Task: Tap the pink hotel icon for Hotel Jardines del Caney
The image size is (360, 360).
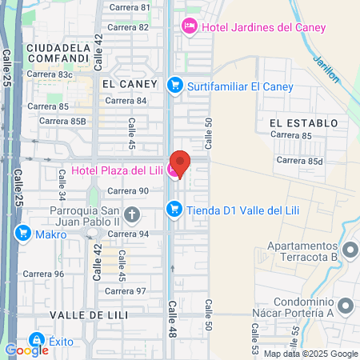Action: pyautogui.click(x=190, y=26)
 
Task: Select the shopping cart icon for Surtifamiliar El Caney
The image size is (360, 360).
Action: pyautogui.click(x=174, y=84)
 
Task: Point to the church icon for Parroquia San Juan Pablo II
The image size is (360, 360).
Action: pyautogui.click(x=131, y=214)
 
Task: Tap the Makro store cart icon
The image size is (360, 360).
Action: pyautogui.click(x=22, y=234)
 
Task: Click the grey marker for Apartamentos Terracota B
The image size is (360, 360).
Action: pyautogui.click(x=349, y=251)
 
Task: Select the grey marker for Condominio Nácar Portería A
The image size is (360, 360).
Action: pyautogui.click(x=346, y=306)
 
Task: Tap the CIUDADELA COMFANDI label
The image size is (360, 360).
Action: pyautogui.click(x=56, y=53)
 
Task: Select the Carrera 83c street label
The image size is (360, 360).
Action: pyautogui.click(x=50, y=74)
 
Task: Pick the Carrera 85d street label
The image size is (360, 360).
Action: pyautogui.click(x=299, y=161)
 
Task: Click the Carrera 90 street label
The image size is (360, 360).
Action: pyautogui.click(x=128, y=190)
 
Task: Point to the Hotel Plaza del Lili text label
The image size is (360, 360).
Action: pyautogui.click(x=117, y=170)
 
